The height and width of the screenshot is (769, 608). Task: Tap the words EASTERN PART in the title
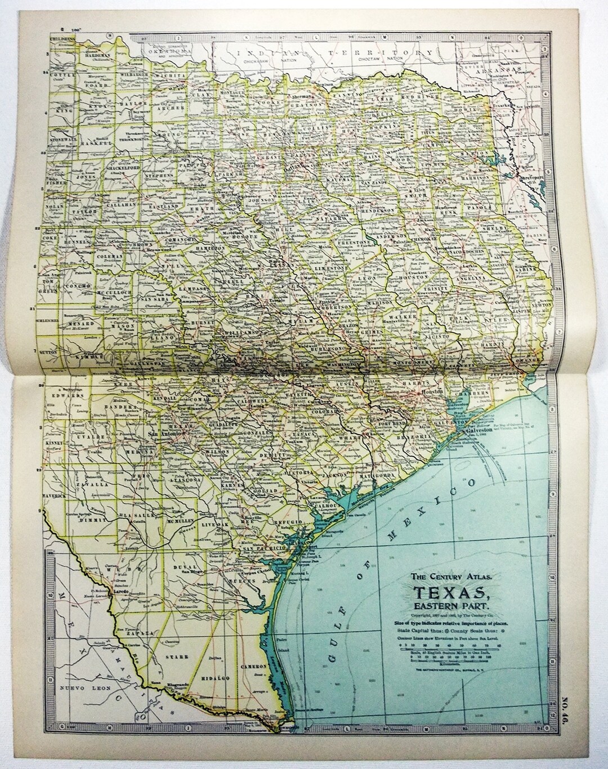click(449, 607)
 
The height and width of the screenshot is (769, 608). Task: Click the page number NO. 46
click(581, 729)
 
